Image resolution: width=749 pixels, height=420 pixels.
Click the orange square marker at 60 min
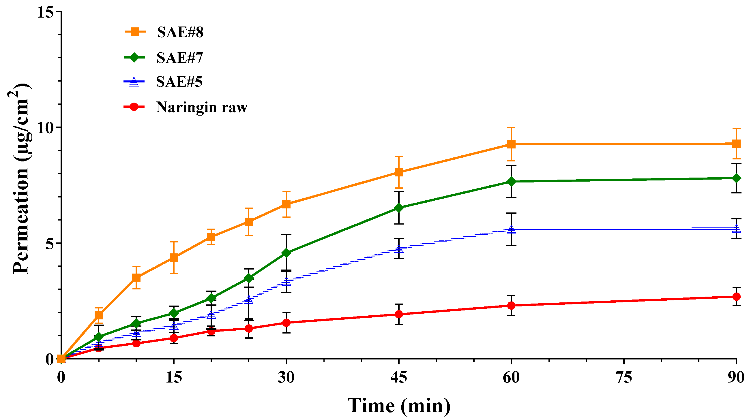511,144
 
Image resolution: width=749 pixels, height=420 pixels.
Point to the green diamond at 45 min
399,208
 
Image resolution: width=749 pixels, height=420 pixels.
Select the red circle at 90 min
737,297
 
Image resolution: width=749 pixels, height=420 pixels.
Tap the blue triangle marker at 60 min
511,230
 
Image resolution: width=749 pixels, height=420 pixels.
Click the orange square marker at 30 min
287,204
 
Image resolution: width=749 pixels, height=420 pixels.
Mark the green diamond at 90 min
737,178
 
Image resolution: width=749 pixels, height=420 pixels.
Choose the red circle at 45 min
399,314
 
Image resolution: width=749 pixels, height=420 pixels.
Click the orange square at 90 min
737,144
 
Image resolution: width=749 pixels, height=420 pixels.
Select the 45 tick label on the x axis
399,377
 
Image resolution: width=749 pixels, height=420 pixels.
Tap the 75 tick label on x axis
624,377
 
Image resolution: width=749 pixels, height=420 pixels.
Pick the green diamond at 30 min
287,253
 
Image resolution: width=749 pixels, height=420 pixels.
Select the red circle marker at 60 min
511,306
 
